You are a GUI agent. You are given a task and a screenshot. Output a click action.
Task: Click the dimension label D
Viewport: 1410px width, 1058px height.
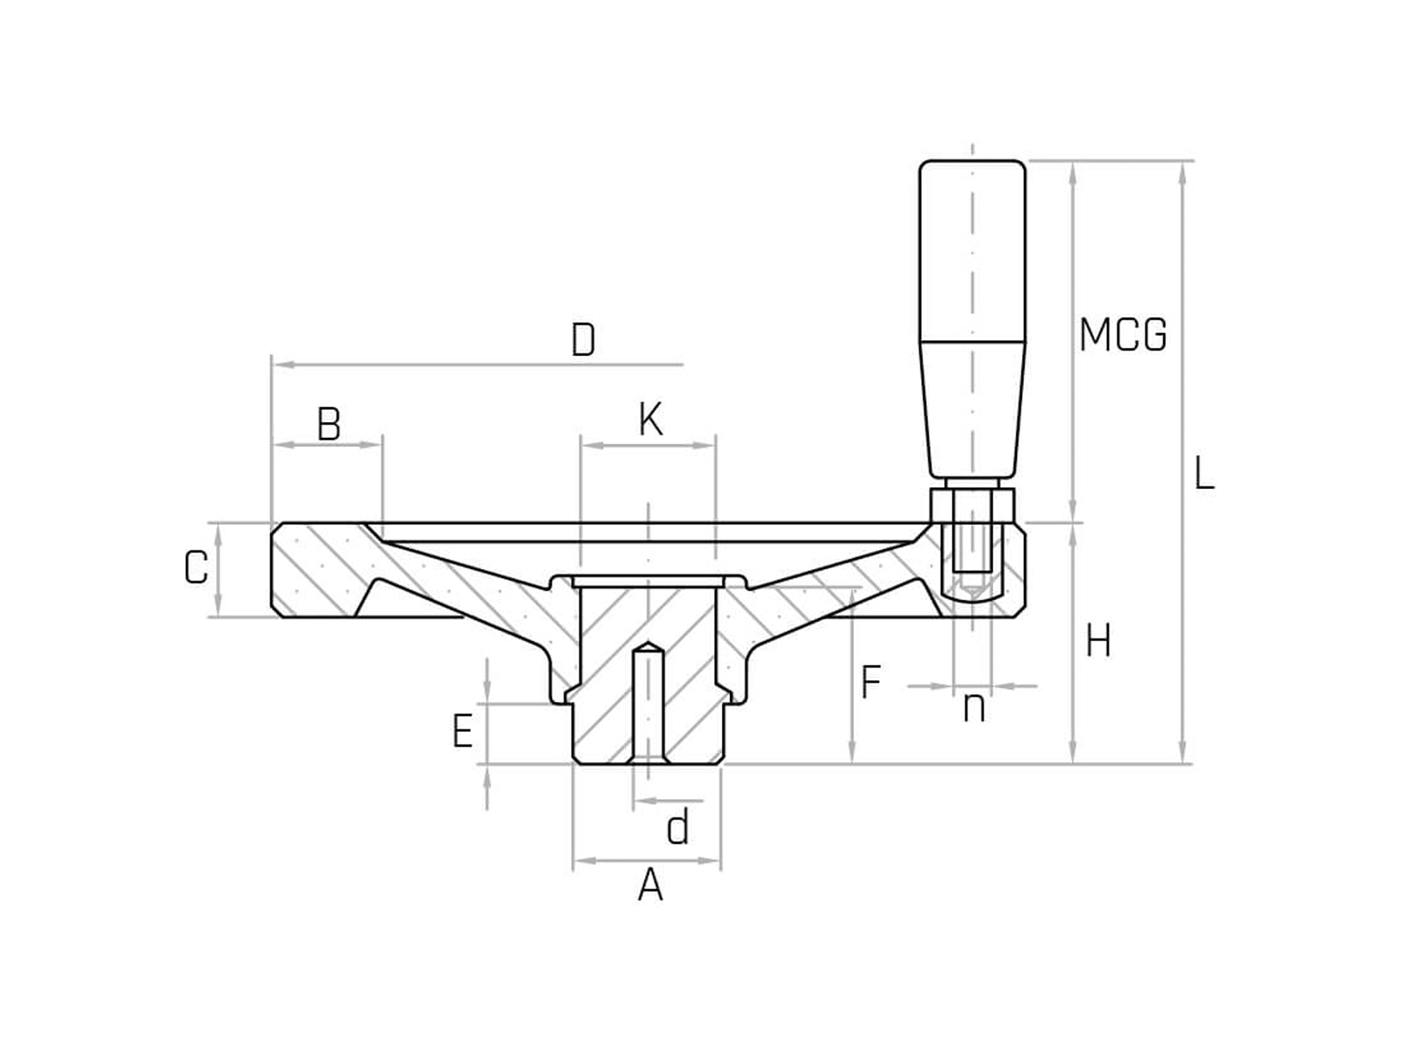(583, 340)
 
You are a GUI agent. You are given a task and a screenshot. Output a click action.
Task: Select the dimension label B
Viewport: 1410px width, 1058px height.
(329, 424)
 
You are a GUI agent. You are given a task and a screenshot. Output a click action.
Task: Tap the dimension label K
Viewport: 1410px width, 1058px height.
(650, 420)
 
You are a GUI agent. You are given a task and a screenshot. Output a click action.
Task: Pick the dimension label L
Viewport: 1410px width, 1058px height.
(1203, 474)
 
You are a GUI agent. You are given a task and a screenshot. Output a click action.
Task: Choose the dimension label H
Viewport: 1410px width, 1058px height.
(1098, 640)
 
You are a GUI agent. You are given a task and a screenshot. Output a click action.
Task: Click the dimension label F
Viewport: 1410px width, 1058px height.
(869, 682)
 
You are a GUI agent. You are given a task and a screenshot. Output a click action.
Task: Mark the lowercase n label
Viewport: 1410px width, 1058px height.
(974, 708)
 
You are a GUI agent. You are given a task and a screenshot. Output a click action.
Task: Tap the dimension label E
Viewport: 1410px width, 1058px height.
(462, 731)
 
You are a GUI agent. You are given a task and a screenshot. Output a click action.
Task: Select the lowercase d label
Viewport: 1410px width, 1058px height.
(678, 828)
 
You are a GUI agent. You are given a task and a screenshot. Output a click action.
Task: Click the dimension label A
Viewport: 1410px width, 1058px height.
(650, 885)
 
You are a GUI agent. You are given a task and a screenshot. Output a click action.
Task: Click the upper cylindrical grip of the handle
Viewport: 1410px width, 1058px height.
(972, 252)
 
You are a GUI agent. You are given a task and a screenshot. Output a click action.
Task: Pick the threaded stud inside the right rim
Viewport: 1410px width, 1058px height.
(972, 553)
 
